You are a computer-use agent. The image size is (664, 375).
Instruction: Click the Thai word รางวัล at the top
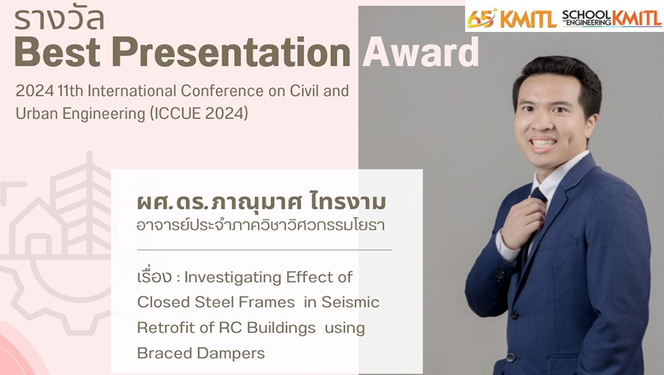coord(59,19)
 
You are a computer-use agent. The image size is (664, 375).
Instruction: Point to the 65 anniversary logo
coord(481,18)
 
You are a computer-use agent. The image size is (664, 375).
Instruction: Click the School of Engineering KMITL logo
coord(612,18)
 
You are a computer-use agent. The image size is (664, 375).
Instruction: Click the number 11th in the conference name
coord(70,90)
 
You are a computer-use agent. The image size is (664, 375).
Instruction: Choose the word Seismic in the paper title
coord(350,302)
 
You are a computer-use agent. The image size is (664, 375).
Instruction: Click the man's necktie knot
coord(538,196)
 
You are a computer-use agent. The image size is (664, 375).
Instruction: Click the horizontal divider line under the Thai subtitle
coord(264,250)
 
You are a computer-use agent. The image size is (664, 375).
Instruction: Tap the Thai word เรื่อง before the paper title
coord(154,277)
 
